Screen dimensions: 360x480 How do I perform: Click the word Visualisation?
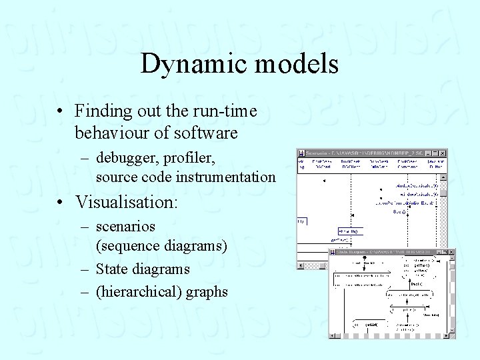(127, 201)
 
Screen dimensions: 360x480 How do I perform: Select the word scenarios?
(125, 227)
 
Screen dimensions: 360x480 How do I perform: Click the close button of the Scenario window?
(443, 153)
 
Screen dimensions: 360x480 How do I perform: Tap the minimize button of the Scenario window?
(428, 153)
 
